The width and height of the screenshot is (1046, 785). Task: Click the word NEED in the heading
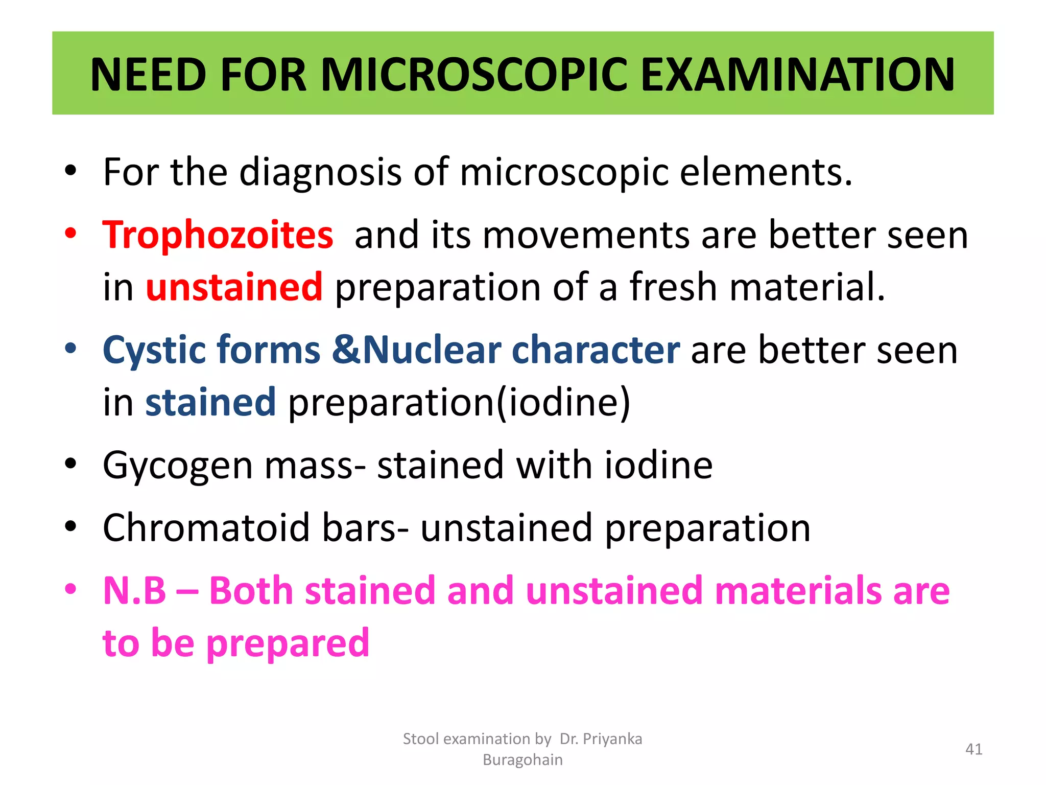(x=148, y=75)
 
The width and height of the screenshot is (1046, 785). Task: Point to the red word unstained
(x=234, y=287)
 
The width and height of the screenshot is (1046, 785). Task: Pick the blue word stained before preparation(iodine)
(x=210, y=402)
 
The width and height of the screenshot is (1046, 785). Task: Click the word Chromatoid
(x=206, y=528)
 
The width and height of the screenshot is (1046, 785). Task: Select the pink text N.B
(x=134, y=591)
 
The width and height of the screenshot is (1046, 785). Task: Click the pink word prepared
(x=288, y=643)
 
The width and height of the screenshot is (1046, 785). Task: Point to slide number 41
(x=973, y=749)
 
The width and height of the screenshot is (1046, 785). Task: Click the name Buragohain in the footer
(x=522, y=760)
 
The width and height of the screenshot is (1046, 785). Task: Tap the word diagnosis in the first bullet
(x=320, y=172)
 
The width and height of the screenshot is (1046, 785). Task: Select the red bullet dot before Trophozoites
(x=70, y=234)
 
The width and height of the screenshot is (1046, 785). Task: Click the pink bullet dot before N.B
(x=70, y=589)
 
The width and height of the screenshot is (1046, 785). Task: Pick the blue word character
(x=596, y=351)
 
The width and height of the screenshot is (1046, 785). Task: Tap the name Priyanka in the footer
(x=612, y=739)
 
